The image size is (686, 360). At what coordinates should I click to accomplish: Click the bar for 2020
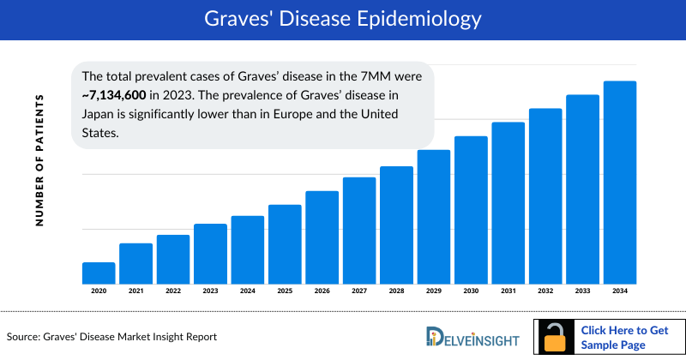point(99,273)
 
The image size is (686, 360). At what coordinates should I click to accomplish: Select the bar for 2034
point(620,183)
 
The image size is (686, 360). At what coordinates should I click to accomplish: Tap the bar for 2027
point(359,231)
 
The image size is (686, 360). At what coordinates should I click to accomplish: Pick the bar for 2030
point(471,210)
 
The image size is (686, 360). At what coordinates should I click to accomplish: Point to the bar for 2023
point(210,254)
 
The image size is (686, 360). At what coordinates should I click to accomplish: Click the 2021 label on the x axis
point(135,291)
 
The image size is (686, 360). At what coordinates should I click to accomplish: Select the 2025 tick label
point(285,291)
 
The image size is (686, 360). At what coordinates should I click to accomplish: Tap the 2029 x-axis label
point(434,291)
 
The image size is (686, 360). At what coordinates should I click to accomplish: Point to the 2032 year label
point(545,291)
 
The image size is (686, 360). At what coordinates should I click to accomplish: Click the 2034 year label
point(620,291)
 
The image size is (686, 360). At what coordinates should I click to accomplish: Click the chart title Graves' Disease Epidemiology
point(343,18)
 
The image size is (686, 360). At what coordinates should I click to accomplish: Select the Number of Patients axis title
point(39,161)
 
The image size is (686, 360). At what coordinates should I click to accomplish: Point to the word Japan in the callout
point(99,114)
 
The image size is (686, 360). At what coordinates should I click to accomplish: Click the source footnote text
point(111,337)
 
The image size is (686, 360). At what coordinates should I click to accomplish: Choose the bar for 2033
point(582,189)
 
